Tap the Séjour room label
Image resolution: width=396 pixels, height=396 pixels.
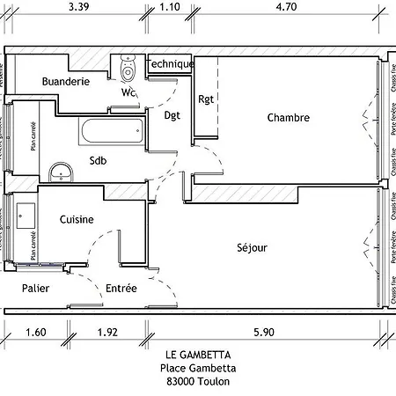click(252, 247)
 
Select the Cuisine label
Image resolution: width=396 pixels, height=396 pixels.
click(77, 220)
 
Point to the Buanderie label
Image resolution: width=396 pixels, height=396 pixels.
click(65, 81)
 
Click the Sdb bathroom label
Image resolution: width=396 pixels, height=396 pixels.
click(99, 159)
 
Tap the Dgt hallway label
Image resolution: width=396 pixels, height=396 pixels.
click(172, 115)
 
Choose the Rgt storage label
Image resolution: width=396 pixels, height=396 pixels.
click(207, 99)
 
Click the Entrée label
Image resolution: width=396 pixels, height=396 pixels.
click(121, 288)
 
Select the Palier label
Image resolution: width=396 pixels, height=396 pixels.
click(35, 288)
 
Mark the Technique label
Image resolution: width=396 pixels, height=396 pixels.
click(170, 64)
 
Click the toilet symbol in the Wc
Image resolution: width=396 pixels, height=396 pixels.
click(127, 67)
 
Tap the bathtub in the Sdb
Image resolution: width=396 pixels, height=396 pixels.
click(110, 132)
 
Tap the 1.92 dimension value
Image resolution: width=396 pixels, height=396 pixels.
click(107, 332)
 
